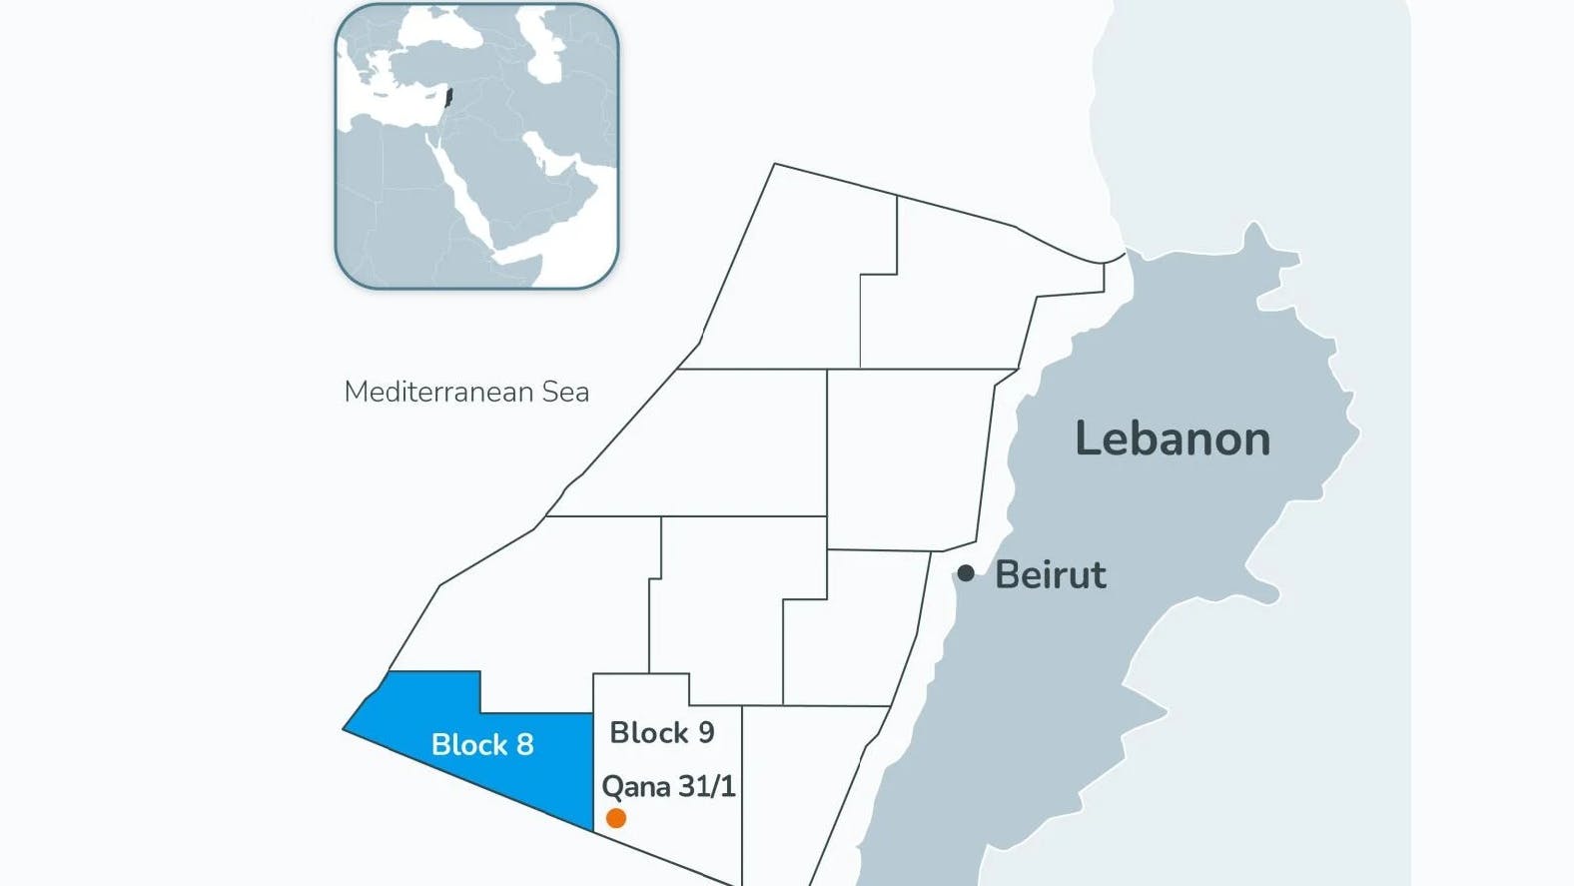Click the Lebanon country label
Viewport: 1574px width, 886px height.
pyautogui.click(x=1172, y=440)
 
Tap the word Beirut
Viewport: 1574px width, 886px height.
pyautogui.click(x=1051, y=575)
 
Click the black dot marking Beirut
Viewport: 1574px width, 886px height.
pyautogui.click(x=966, y=573)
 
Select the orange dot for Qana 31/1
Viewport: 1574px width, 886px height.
pyautogui.click(x=616, y=818)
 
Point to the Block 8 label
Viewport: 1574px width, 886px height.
pyautogui.click(x=482, y=744)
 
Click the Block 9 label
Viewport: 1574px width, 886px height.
pyautogui.click(x=662, y=732)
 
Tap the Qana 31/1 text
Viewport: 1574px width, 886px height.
pyautogui.click(x=668, y=787)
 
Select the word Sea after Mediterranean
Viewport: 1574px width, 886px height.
pyautogui.click(x=565, y=392)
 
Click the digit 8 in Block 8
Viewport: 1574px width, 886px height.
pyautogui.click(x=525, y=744)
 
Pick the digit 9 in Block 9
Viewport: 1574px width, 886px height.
pyautogui.click(x=706, y=732)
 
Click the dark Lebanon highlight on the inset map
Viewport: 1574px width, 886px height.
pyautogui.click(x=448, y=99)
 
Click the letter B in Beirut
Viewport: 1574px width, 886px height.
pyautogui.click(x=1007, y=575)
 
